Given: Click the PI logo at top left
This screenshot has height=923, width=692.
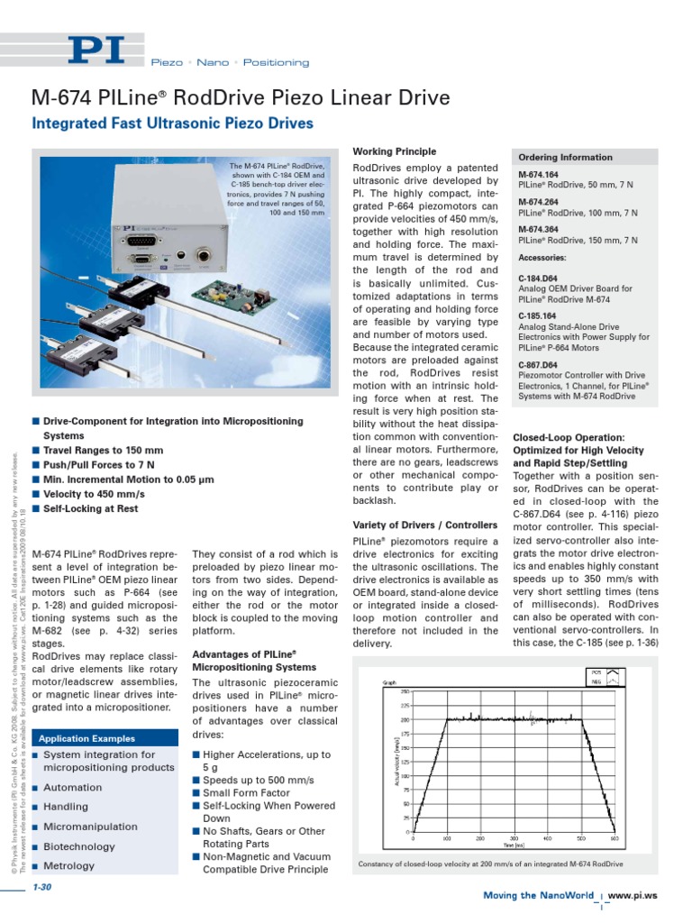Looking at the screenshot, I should tap(106, 50).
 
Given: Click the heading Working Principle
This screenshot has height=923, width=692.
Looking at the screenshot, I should tap(394, 151).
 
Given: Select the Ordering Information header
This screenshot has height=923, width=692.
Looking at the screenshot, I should tap(565, 157).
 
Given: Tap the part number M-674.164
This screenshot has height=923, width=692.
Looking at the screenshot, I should tap(539, 174).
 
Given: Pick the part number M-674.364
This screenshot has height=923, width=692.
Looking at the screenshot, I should tap(539, 230).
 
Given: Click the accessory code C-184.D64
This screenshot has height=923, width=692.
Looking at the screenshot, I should tap(539, 278).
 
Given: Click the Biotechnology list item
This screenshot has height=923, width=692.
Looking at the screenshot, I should tap(79, 846).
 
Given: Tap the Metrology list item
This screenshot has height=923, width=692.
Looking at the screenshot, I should tap(68, 866).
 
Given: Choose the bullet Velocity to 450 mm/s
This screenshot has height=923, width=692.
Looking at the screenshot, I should tap(94, 494).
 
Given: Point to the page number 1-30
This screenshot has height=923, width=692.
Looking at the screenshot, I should tap(42, 890).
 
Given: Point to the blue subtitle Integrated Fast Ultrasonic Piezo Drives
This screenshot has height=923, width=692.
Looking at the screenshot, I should tap(172, 123).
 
